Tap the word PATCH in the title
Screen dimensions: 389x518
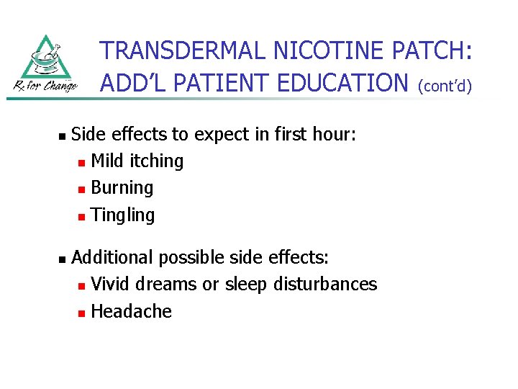[x=432, y=50]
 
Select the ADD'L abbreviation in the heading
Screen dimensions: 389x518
[x=132, y=83]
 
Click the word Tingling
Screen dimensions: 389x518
[x=123, y=215]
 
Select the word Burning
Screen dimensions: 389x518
[x=122, y=188]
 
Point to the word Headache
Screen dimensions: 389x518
[x=132, y=311]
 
